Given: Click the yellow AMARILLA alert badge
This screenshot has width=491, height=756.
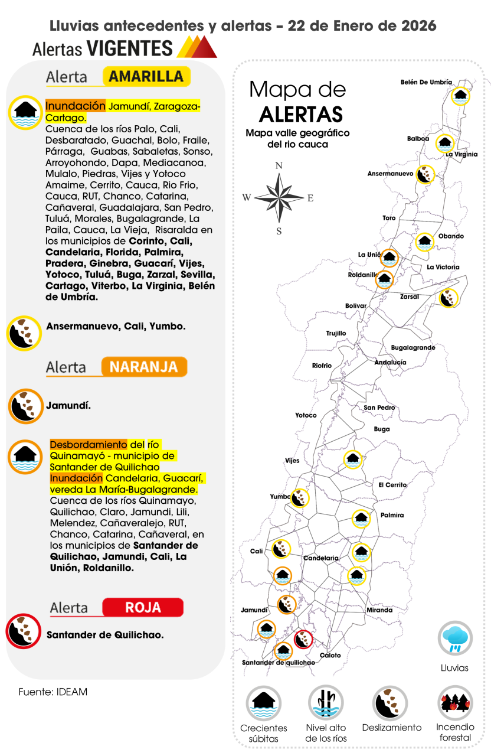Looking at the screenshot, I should point(146,77).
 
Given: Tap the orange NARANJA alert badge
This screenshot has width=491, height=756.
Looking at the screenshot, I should point(143,367).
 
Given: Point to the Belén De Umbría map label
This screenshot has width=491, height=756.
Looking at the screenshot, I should point(426,82).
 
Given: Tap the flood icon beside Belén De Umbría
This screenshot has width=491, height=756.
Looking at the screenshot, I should point(460,95).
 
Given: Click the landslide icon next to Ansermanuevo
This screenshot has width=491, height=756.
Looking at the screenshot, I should point(424,174).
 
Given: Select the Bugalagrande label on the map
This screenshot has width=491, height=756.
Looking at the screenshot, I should point(413,348).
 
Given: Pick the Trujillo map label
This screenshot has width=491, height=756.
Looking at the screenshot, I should point(336,334).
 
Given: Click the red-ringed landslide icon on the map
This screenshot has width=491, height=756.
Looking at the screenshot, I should point(303,639).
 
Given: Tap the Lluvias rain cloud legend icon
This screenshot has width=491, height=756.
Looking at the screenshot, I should point(454,638).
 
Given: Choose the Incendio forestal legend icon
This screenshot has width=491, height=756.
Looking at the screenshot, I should point(454,703).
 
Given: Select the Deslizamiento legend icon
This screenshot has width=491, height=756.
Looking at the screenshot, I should point(390,703).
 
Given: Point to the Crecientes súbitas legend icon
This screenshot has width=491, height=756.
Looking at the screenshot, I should point(263,703).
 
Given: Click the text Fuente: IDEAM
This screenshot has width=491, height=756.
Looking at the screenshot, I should point(53,692).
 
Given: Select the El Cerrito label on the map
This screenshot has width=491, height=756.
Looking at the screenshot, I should point(392,485).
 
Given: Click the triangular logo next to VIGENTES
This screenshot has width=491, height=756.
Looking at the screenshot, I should point(197,47).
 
